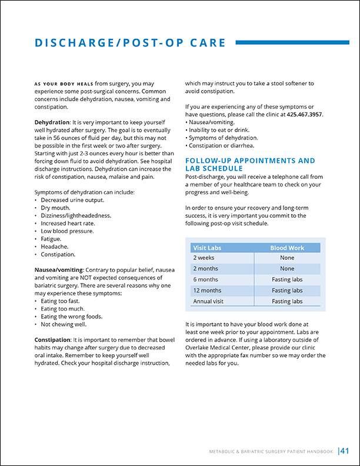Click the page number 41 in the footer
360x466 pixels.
pos(345,451)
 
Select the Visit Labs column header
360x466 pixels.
pos(207,248)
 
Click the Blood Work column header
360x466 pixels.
pos(287,248)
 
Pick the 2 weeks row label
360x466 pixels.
pos(204,258)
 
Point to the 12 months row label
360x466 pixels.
pos(207,291)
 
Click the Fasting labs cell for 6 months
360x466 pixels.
pos(287,279)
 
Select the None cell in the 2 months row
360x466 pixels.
pos(287,268)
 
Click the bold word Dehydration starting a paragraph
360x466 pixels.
pos(52,122)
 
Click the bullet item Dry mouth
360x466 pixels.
pos(56,208)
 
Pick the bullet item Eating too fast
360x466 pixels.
pos(61,301)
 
